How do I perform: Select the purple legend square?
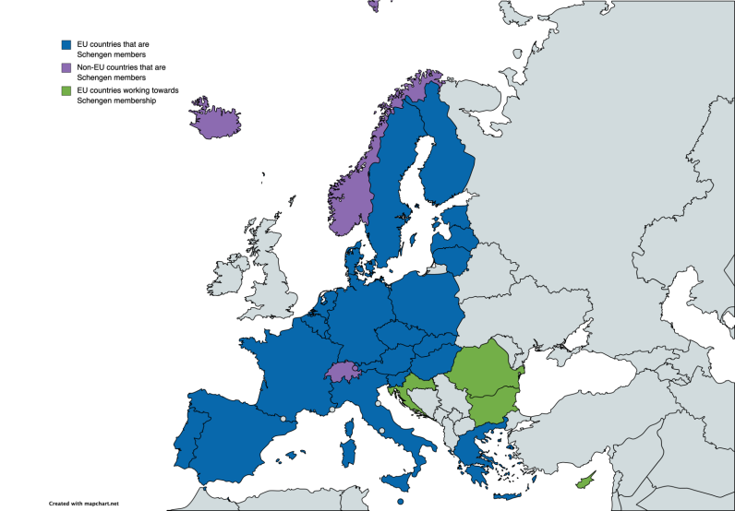tap(66, 68)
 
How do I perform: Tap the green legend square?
tap(66, 91)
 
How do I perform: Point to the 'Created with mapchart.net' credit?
tap(85, 504)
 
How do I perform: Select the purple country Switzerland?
tap(341, 371)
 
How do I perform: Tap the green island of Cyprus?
tap(584, 482)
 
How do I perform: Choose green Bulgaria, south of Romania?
tap(494, 403)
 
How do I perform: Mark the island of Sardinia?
tap(349, 452)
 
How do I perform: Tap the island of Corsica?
tap(351, 427)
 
